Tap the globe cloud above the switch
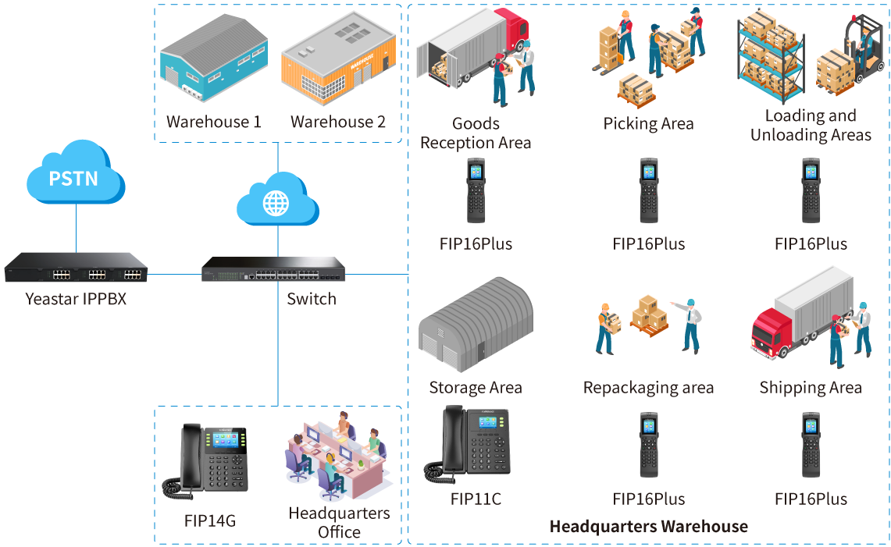coord(276,201)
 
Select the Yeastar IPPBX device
coord(76,270)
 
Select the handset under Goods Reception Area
coord(476,191)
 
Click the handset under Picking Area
coord(649,191)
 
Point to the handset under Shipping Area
coord(811,445)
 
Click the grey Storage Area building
coord(475,327)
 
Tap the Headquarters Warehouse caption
coord(648,527)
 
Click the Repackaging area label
coord(648,388)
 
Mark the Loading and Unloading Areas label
coord(811,126)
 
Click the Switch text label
coord(312,300)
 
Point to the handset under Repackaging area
coord(649,445)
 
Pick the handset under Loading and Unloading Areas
coord(811,191)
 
